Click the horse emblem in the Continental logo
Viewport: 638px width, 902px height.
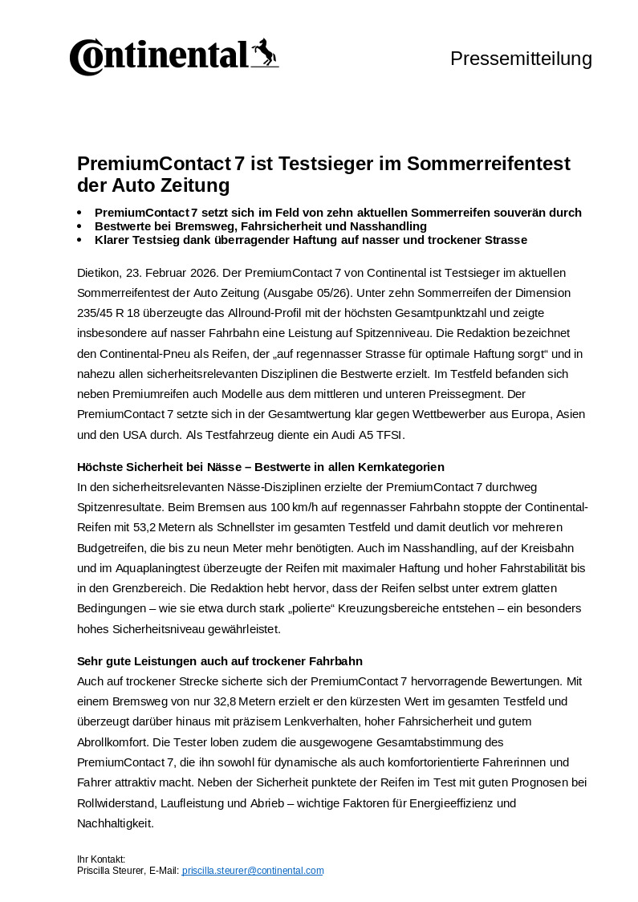(264, 53)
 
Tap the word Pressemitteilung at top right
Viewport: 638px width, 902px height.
(521, 59)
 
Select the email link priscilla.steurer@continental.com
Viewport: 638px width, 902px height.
(253, 870)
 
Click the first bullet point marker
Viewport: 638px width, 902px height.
(79, 213)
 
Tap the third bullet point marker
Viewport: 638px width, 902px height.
(79, 240)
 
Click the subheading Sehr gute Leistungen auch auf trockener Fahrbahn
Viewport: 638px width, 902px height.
(220, 661)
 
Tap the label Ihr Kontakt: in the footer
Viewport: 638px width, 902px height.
(101, 859)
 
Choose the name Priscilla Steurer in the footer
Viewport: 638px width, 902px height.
(111, 870)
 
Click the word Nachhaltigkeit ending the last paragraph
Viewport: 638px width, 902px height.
(115, 823)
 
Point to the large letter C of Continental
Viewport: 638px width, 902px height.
(85, 57)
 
